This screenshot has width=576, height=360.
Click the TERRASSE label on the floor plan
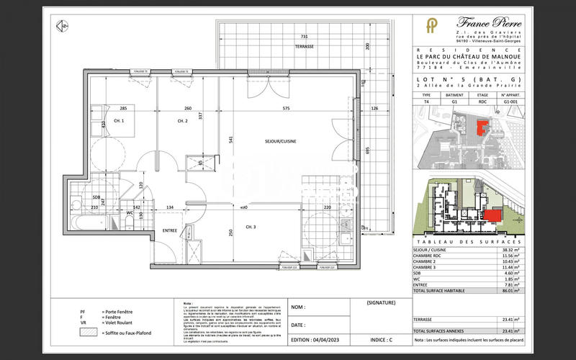click(305, 45)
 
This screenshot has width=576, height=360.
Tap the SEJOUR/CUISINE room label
click(281, 142)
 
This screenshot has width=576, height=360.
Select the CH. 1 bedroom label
click(118, 121)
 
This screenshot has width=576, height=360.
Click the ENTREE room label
click(169, 230)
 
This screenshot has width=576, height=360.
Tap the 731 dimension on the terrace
click(305, 36)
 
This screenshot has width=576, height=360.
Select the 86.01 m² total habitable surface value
click(511, 290)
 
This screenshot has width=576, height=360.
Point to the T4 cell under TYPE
click(426, 102)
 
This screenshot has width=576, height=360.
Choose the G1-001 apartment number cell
click(512, 102)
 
